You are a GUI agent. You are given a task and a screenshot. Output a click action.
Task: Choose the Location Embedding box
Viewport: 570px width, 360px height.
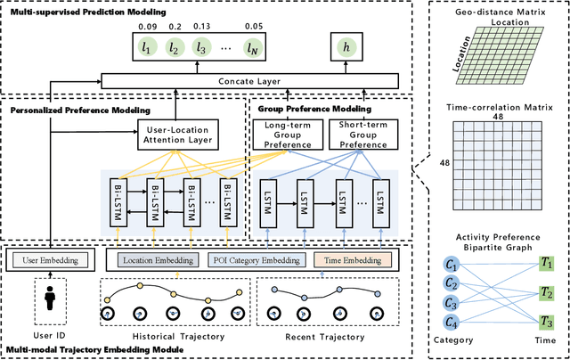(x=158, y=261)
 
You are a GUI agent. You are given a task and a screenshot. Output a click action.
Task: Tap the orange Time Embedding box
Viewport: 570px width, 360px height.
(x=352, y=261)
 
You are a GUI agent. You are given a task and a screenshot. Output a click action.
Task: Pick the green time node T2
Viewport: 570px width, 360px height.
(x=547, y=293)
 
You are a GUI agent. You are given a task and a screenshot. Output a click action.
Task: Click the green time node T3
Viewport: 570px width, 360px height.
(x=547, y=323)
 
